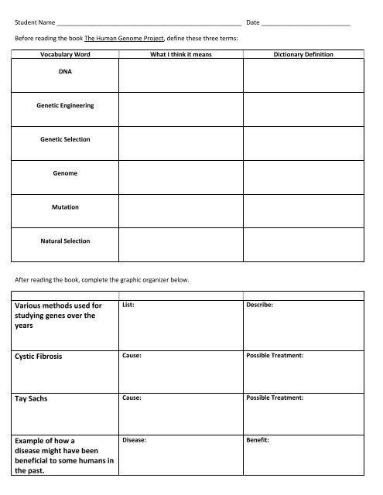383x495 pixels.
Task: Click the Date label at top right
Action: coord(253,22)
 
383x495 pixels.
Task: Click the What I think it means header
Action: coord(181,56)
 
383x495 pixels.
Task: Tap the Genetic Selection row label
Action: coord(65,139)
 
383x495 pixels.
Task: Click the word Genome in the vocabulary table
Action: coord(65,173)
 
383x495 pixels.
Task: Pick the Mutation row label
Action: coord(65,207)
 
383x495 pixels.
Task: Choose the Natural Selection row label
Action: coord(65,241)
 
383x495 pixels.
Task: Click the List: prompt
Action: coord(129,305)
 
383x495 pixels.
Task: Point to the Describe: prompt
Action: coord(260,305)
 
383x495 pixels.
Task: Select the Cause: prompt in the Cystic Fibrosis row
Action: coord(132,356)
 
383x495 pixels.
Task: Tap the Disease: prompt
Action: coord(135,439)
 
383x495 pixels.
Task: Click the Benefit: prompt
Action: coord(258,439)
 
